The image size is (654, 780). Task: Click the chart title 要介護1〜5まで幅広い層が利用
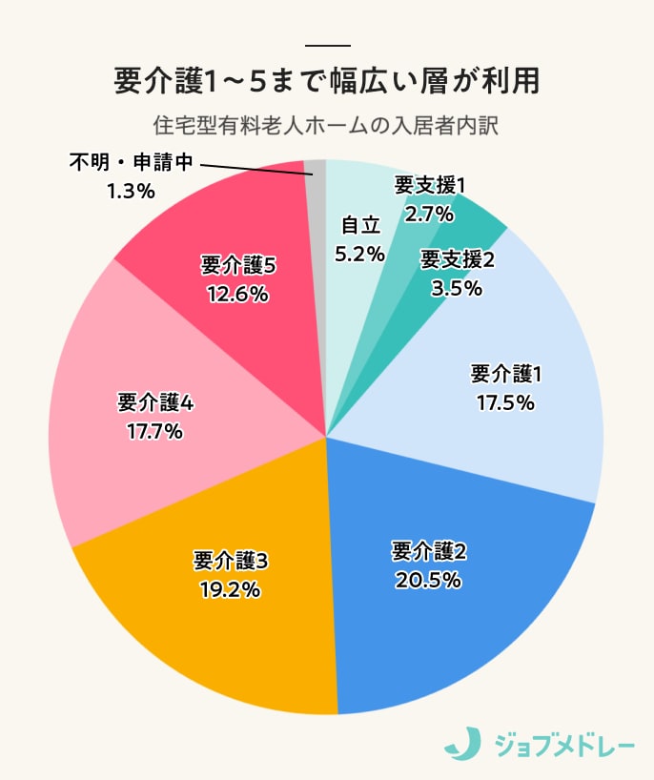click(326, 81)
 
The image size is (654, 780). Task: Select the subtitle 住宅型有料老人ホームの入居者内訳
click(326, 125)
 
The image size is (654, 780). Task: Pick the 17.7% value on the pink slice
click(154, 431)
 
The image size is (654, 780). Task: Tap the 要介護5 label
click(239, 266)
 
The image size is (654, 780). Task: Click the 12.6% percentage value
click(238, 295)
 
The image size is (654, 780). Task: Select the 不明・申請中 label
click(132, 162)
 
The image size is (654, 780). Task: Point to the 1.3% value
click(131, 191)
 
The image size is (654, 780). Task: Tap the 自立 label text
click(360, 225)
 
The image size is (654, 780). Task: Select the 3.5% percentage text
click(457, 287)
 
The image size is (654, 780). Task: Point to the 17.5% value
click(505, 401)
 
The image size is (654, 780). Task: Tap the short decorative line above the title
click(328, 46)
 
